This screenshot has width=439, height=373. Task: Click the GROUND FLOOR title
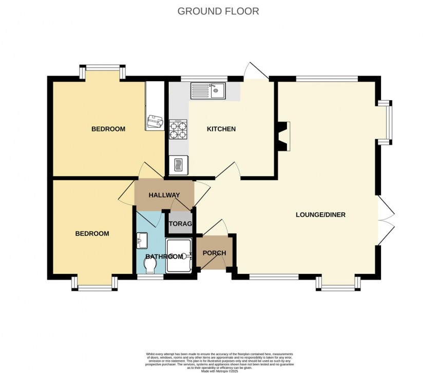tap(218, 11)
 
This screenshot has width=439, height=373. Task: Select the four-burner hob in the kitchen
tap(179, 129)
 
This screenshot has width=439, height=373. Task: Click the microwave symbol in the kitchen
tap(179, 165)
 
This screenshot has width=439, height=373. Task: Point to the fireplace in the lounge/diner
tap(283, 136)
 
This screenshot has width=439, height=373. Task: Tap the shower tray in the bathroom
tap(179, 255)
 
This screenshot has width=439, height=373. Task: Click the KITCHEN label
tap(221, 129)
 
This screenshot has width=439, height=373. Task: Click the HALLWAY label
tap(164, 195)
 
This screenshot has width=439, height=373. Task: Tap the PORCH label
tap(214, 253)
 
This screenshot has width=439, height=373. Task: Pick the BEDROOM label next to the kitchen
tap(108, 129)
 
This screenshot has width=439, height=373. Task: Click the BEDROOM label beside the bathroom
tap(92, 233)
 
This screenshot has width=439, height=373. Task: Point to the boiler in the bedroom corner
tap(155, 122)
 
